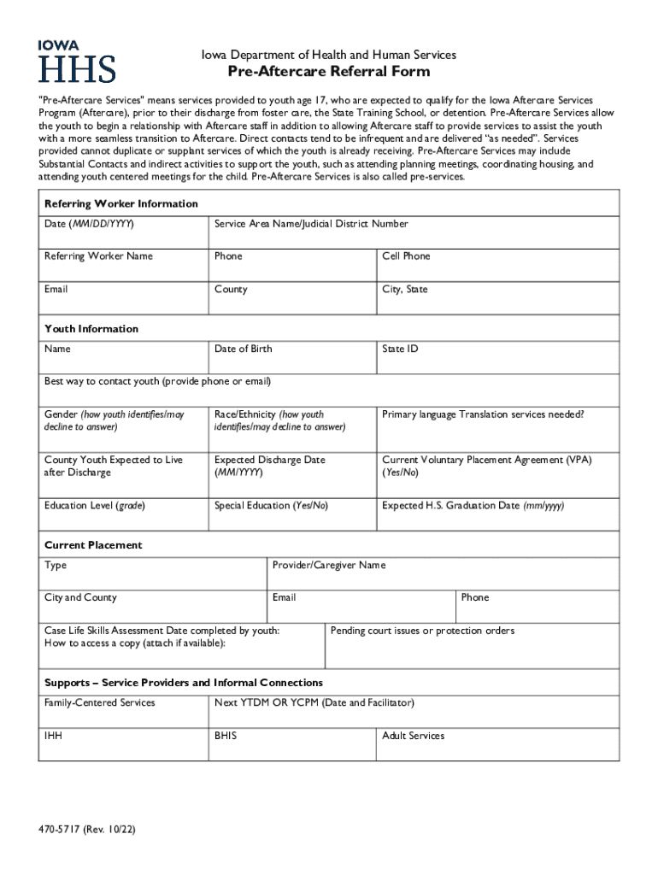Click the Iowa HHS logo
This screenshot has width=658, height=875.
[77, 61]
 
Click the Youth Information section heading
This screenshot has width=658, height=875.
[91, 329]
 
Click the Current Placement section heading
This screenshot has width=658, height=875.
[93, 545]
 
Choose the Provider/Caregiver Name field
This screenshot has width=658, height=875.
[442, 573]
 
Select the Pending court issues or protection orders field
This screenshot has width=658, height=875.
[473, 645]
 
